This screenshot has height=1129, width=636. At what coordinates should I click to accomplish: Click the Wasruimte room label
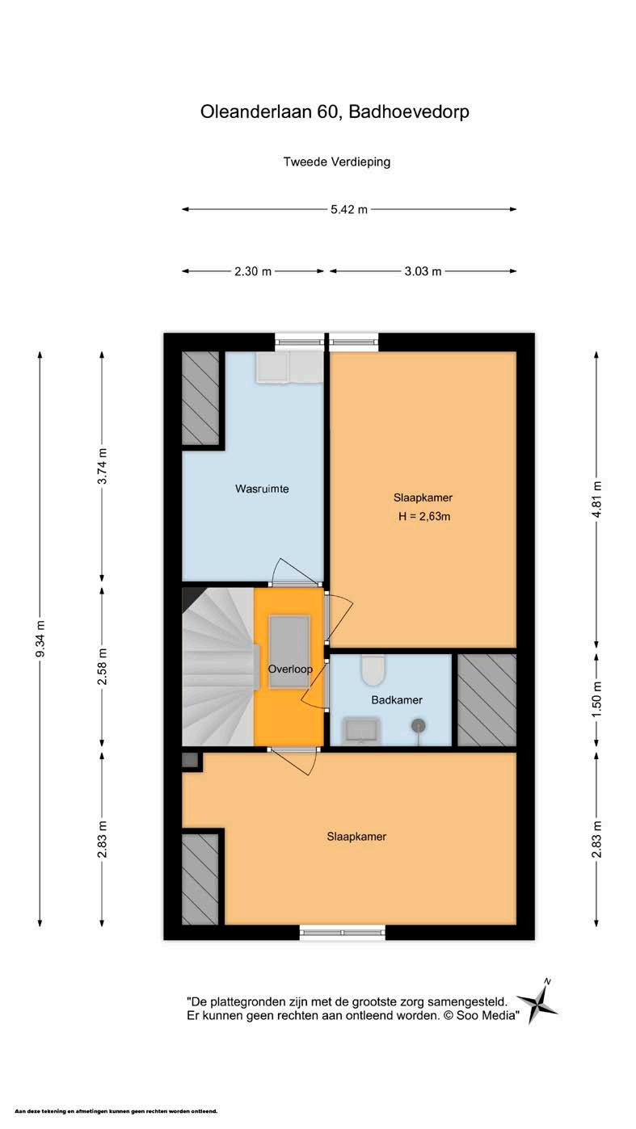pyautogui.click(x=262, y=489)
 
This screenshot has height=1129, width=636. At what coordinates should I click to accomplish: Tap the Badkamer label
pyautogui.click(x=397, y=699)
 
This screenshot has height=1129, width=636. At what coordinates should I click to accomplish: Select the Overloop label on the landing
pyautogui.click(x=290, y=669)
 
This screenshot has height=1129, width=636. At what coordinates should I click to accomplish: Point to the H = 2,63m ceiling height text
pyautogui.click(x=423, y=516)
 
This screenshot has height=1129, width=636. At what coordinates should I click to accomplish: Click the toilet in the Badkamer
pyautogui.click(x=373, y=669)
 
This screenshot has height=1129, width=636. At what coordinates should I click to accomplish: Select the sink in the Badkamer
pyautogui.click(x=361, y=732)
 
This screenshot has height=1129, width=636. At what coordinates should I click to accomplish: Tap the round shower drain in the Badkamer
pyautogui.click(x=418, y=726)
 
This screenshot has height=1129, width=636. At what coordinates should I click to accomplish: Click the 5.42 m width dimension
pyautogui.click(x=349, y=209)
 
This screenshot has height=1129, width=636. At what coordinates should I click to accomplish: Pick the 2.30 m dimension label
pyautogui.click(x=253, y=271)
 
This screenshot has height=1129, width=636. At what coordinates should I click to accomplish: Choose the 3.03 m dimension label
pyautogui.click(x=423, y=271)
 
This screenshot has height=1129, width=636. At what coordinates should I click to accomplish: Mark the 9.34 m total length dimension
pyautogui.click(x=40, y=639)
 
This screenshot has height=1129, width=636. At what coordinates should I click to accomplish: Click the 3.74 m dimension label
pyautogui.click(x=102, y=465)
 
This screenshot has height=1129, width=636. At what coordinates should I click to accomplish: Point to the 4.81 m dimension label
pyautogui.click(x=596, y=499)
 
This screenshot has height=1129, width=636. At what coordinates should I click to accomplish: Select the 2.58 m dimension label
pyautogui.click(x=102, y=666)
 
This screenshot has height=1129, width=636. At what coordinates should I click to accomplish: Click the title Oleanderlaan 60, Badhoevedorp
pyautogui.click(x=335, y=111)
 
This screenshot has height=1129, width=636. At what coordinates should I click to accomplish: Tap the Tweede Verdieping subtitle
pyautogui.click(x=337, y=162)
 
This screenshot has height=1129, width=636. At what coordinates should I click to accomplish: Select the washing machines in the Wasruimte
pyautogui.click(x=289, y=367)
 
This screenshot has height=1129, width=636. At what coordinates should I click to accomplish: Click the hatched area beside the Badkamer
pyautogui.click(x=486, y=699)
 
